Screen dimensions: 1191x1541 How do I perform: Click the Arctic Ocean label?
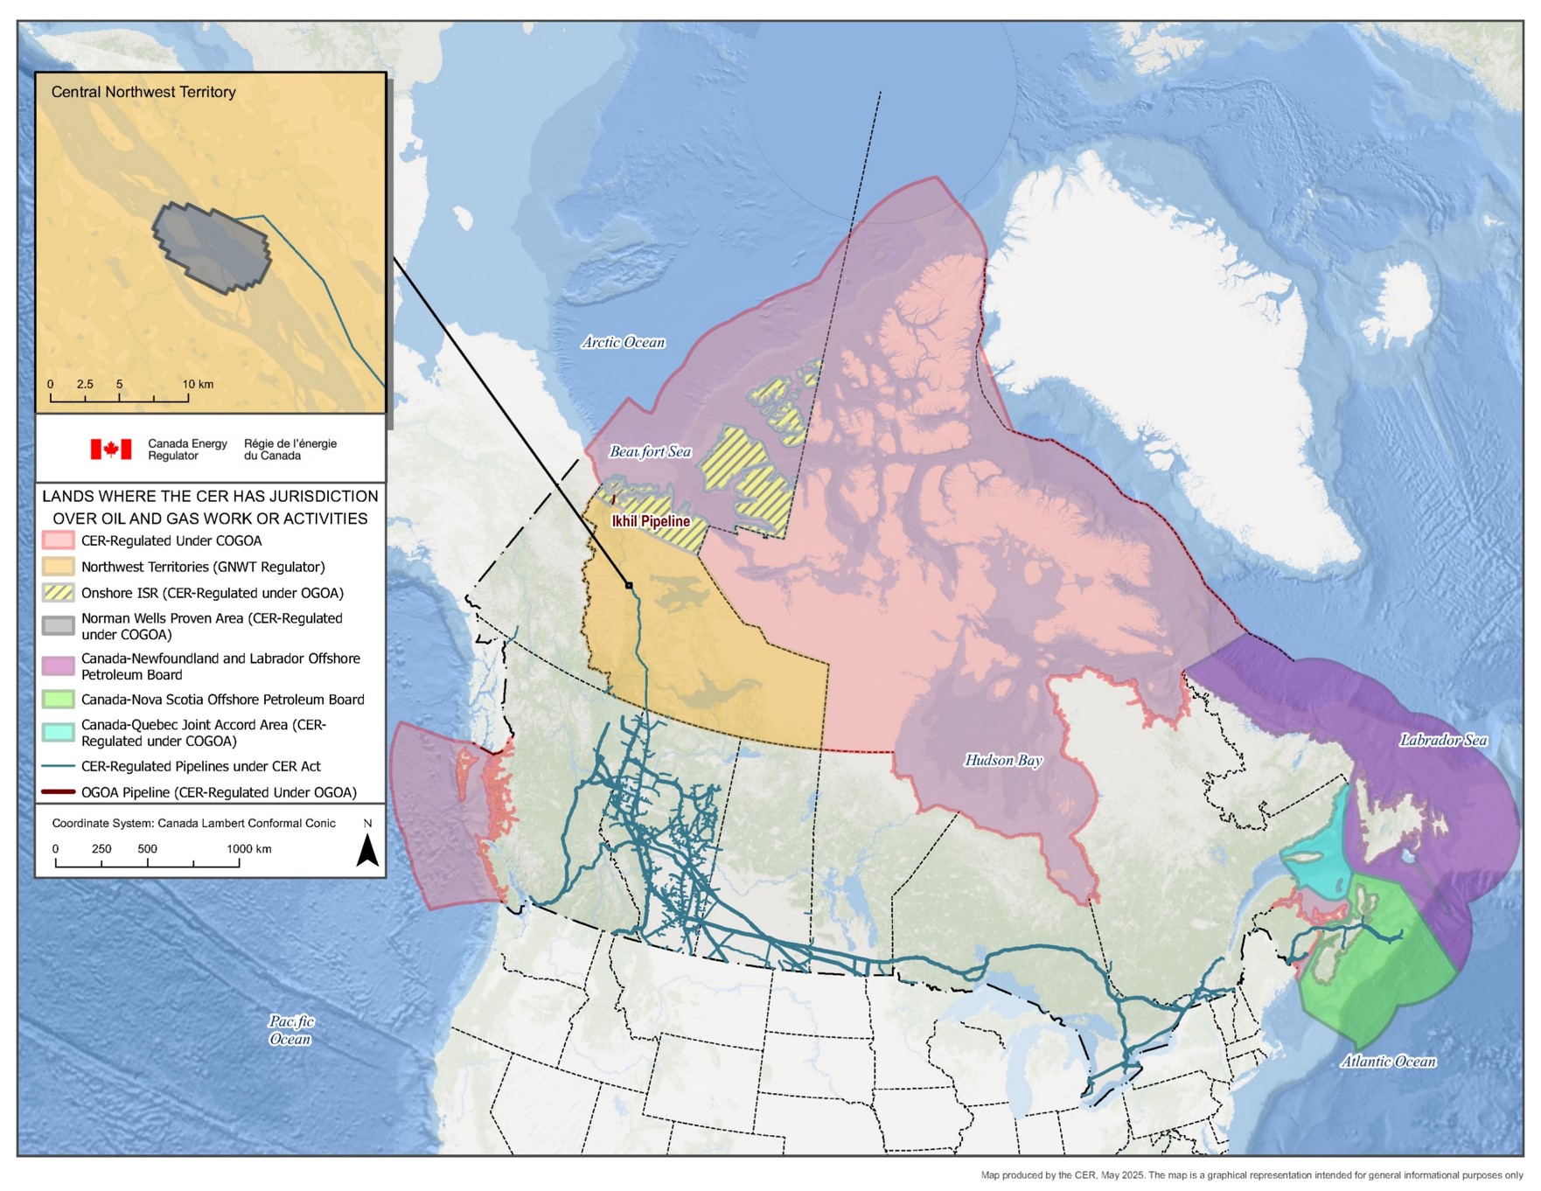[x=624, y=342]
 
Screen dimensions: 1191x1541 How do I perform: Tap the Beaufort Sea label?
[x=650, y=451]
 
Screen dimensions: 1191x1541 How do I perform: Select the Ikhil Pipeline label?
[x=651, y=521]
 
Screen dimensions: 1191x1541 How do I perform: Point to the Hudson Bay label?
[x=1003, y=760]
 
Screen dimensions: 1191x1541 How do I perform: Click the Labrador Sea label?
[x=1442, y=740]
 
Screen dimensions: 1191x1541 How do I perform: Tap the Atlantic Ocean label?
[x=1388, y=1062]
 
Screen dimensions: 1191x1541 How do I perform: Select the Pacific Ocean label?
[x=290, y=1030]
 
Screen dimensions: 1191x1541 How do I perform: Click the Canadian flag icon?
[x=111, y=449]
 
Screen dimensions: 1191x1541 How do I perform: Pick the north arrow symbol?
[x=367, y=850]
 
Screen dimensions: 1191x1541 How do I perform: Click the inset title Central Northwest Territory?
[x=143, y=92]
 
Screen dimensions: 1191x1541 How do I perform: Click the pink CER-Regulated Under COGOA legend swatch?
[x=59, y=540]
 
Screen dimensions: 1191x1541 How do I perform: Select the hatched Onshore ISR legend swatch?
[x=59, y=593]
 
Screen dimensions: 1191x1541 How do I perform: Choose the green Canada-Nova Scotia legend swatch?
[x=59, y=700]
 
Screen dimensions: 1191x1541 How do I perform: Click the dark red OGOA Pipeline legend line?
[x=59, y=792]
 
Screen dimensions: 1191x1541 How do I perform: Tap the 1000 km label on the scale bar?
[x=249, y=849]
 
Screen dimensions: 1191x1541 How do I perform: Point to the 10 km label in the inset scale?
[x=198, y=384]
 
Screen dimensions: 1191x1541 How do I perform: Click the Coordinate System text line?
[x=193, y=823]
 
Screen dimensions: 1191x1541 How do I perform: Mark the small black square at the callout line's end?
[x=629, y=584]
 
